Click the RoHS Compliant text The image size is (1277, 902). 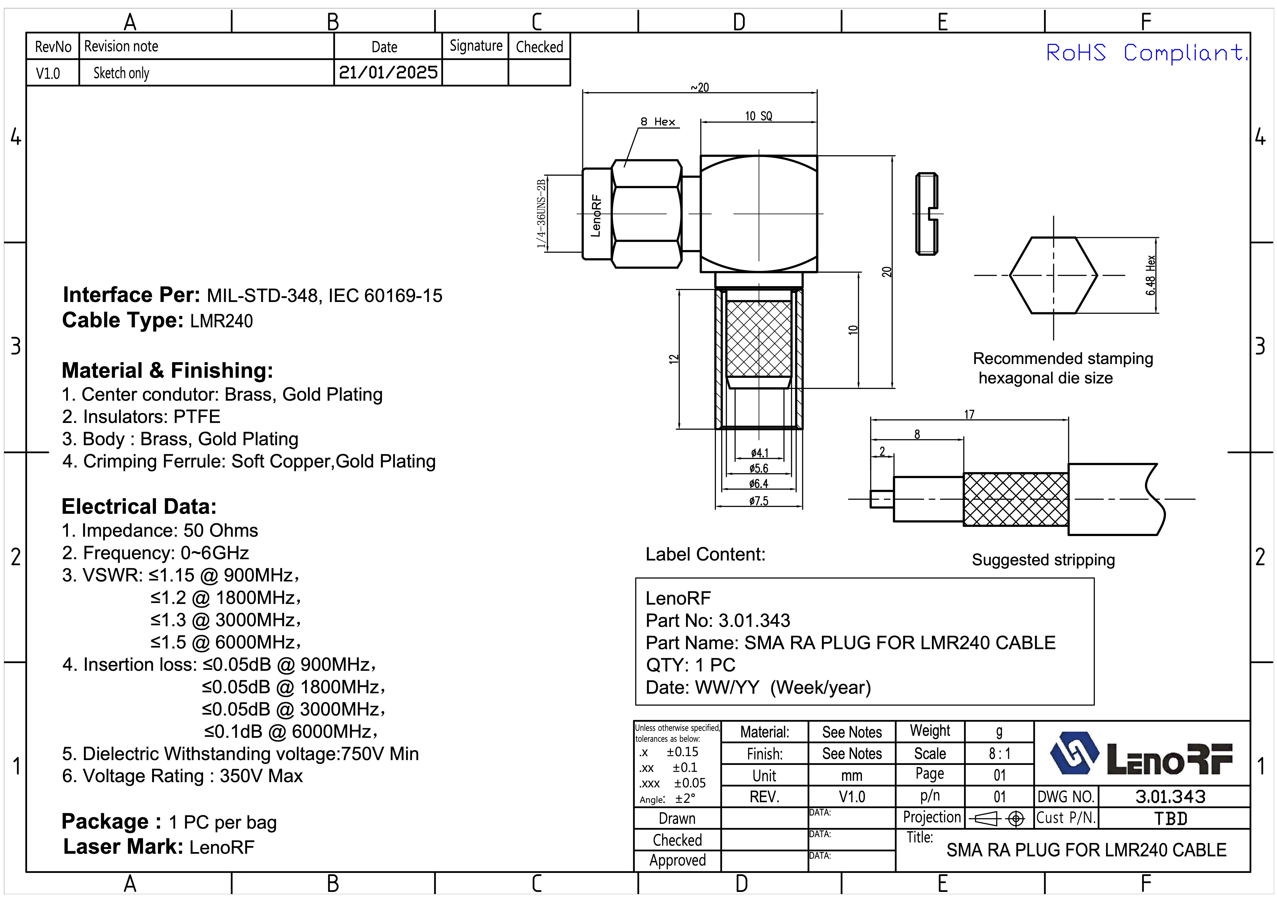coord(1146,53)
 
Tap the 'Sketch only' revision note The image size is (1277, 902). coord(121,73)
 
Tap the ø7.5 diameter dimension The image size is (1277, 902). coord(759,501)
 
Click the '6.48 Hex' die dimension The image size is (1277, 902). coord(1150,275)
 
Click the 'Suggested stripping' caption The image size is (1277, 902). coord(1043,560)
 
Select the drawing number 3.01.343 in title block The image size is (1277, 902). coord(1170,797)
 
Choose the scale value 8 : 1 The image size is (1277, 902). coord(999,754)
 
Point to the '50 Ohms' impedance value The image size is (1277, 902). coord(221,531)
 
